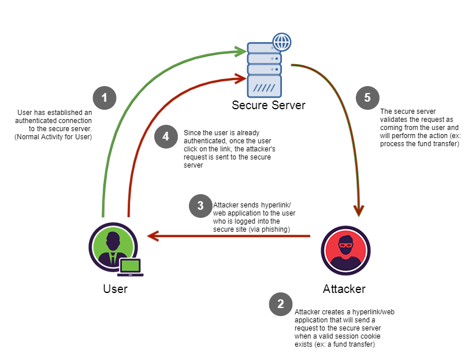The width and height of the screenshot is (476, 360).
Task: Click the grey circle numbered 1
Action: [105, 97]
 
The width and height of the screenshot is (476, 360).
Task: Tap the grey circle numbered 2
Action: [281, 304]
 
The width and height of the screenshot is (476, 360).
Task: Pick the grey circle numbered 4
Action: [166, 136]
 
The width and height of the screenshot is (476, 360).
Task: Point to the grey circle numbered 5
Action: [367, 97]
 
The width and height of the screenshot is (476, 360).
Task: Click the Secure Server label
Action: [269, 105]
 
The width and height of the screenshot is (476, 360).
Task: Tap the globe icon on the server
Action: [281, 42]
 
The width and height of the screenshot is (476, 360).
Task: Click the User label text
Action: [115, 288]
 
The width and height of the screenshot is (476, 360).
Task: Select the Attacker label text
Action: [344, 288]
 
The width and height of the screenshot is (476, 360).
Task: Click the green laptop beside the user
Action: [131, 267]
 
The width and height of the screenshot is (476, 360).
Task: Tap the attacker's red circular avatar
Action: [345, 250]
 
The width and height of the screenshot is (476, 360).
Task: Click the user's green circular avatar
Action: [113, 247]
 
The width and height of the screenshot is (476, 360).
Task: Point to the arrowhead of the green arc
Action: [243, 51]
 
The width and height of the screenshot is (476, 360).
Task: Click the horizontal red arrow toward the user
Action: [231, 236]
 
